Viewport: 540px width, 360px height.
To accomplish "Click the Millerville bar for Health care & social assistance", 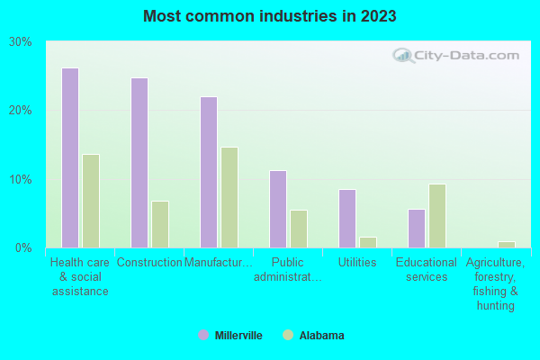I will pyautogui.click(x=70, y=157).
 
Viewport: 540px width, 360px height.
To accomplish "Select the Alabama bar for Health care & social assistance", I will pyautogui.click(x=91, y=201).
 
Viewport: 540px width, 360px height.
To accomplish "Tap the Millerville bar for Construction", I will pyautogui.click(x=139, y=162).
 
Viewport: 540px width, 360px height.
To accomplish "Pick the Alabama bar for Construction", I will pyautogui.click(x=160, y=224).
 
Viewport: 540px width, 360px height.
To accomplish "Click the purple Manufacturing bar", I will pyautogui.click(x=209, y=172).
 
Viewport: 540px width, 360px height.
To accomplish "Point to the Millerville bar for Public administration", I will pyautogui.click(x=278, y=209).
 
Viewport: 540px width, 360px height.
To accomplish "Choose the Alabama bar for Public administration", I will pyautogui.click(x=299, y=229).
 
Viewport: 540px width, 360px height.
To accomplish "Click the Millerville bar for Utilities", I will pyautogui.click(x=347, y=218).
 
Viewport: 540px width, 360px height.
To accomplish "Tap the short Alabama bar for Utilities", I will pyautogui.click(x=368, y=242).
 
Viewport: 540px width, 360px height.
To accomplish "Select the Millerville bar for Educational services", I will pyautogui.click(x=417, y=228).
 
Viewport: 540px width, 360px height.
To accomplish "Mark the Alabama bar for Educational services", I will pyautogui.click(x=437, y=216).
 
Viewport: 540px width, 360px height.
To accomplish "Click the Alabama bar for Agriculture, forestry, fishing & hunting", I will pyautogui.click(x=507, y=244).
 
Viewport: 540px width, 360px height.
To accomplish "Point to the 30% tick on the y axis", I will pyautogui.click(x=20, y=42).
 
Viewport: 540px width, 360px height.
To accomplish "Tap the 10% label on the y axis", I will pyautogui.click(x=20, y=179).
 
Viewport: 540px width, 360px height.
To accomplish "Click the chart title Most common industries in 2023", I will pyautogui.click(x=269, y=16).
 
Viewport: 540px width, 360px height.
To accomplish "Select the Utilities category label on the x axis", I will pyautogui.click(x=357, y=263).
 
